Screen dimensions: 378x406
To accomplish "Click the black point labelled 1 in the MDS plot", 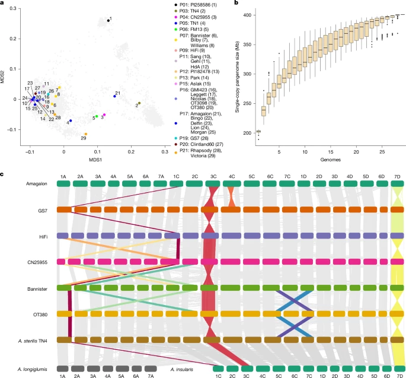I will tap(108, 21).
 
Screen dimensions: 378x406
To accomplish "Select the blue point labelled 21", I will tap(114, 96).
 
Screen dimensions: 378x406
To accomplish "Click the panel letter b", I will tap(221, 4).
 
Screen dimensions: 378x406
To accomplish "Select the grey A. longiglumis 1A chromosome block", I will tap(62, 369).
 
